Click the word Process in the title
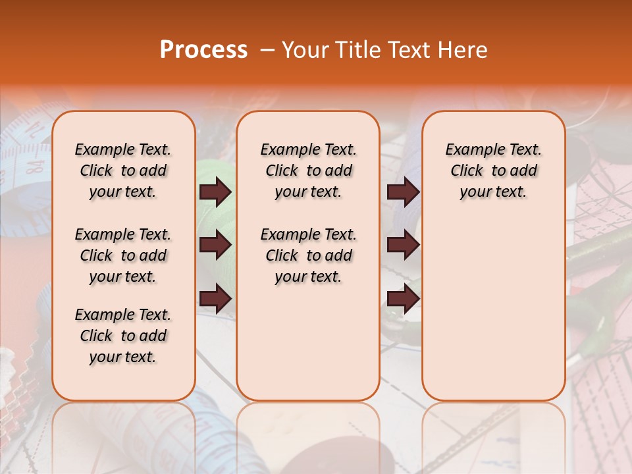[203, 50]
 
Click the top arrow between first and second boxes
[215, 192]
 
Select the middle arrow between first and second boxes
[215, 245]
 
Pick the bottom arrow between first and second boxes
[215, 298]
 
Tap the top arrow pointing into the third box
[403, 192]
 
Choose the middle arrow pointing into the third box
[403, 245]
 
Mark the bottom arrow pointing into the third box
[403, 298]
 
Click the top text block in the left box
[123, 171]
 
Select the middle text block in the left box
[123, 255]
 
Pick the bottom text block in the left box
[123, 336]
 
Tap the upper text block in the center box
[308, 171]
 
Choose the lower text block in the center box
[308, 255]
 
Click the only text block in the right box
[493, 171]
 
